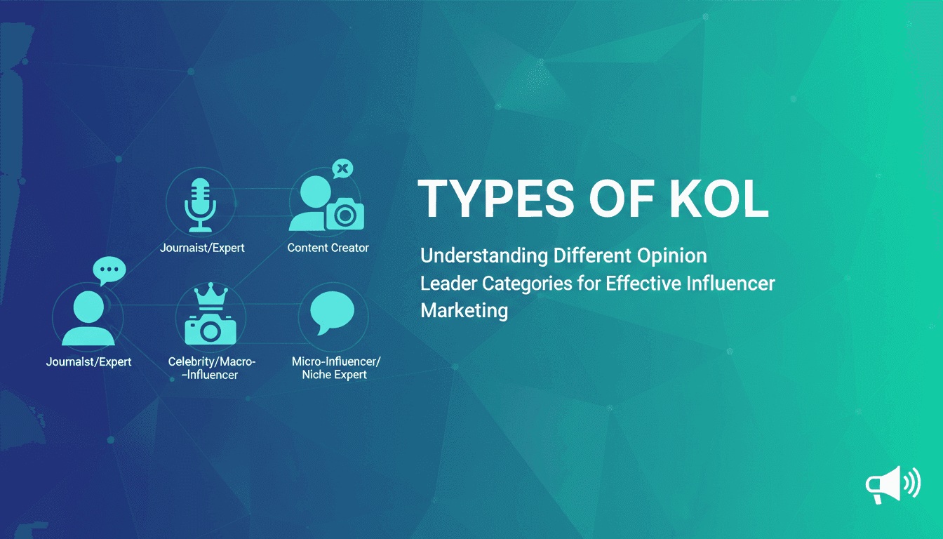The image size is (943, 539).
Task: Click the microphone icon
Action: point(201,204)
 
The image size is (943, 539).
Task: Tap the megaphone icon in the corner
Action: point(892,484)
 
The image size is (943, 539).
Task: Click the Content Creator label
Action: point(328,248)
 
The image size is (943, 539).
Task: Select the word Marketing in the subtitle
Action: point(464,310)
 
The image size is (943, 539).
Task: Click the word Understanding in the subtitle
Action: point(483,255)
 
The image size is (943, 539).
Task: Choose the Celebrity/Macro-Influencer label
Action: point(212,368)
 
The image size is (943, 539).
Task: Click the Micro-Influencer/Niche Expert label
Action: point(335,368)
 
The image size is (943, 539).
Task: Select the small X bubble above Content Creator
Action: point(342,168)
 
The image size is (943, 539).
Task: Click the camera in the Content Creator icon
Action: point(345,214)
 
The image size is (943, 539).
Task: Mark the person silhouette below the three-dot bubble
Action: point(88,319)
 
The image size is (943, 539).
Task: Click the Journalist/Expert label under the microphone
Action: point(202,248)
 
